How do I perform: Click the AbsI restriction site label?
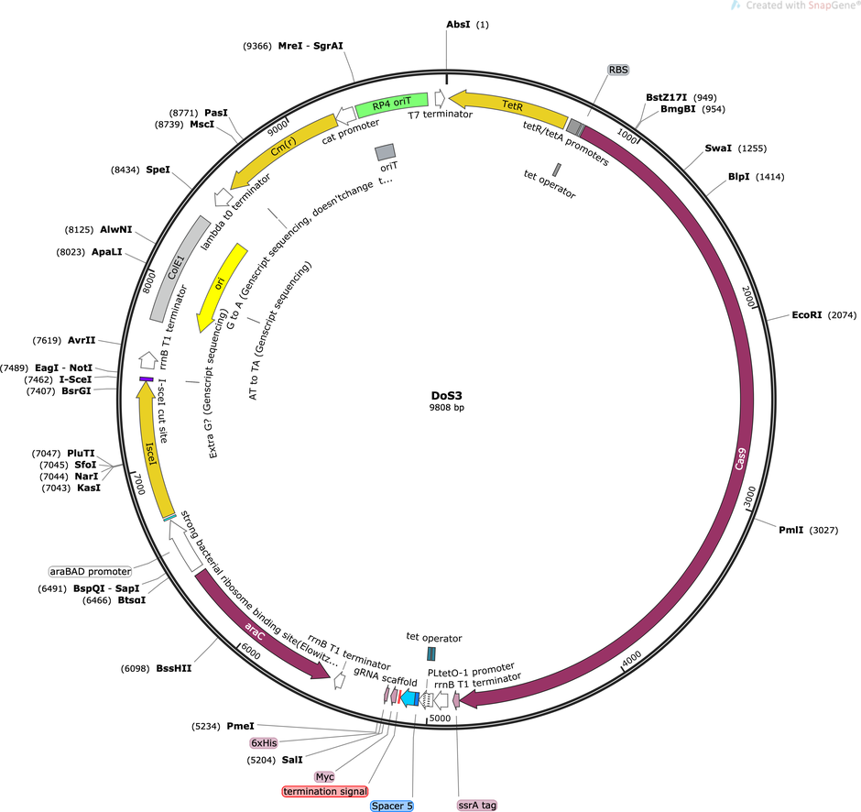coord(458,24)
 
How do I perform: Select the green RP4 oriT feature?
coord(391,104)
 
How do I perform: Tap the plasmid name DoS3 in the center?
coord(446,396)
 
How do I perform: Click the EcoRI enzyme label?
coord(807,314)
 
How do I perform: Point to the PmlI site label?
coord(790,530)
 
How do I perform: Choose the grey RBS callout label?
coord(617,70)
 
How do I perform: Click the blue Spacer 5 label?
coord(391,806)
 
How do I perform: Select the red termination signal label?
coord(325,791)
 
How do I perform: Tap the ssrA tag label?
coord(477,805)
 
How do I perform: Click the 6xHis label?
coord(264,742)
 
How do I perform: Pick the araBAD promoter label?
coord(91,571)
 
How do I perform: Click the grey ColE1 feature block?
coord(180,269)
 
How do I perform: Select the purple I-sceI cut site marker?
coord(146,379)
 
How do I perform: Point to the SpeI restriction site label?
coord(158,170)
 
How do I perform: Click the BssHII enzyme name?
coord(174,668)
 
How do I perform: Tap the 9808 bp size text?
coord(446,408)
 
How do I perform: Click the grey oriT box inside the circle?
coord(385,152)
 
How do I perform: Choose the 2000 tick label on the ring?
coord(748,297)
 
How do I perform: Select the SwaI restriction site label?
coord(718,148)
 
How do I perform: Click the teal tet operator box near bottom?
coord(431,653)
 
